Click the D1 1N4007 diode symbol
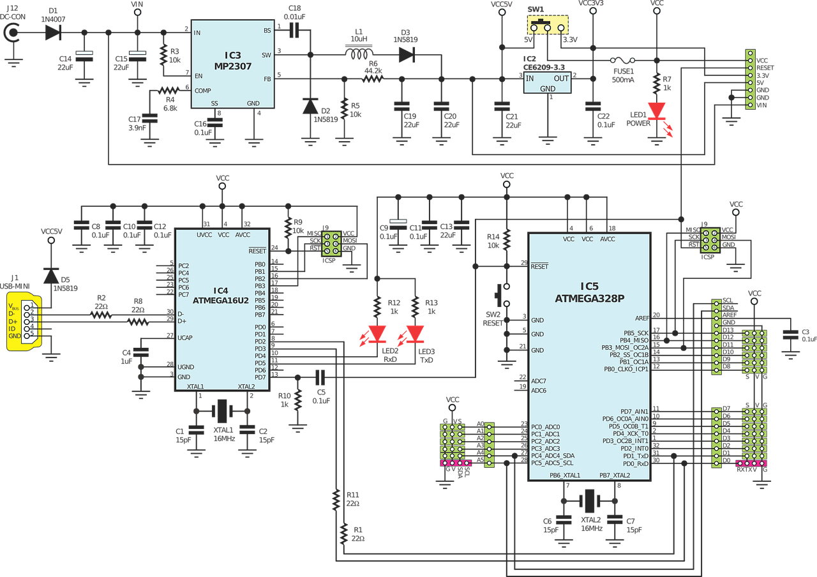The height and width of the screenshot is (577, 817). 53,33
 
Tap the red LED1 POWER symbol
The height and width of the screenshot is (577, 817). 657,111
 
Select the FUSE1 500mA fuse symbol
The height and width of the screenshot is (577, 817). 622,60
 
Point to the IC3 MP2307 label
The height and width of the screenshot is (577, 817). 233,61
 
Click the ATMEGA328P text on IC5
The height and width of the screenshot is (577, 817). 589,298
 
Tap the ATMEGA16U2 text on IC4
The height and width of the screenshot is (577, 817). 221,301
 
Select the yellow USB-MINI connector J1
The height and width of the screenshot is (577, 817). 24,321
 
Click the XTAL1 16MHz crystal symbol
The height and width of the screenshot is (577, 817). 221,411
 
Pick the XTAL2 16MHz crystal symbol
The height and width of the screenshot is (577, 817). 589,501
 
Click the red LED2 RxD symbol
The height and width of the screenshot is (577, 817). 377,334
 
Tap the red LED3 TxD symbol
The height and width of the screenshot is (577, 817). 415,334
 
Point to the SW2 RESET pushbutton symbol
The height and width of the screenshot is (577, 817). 502,295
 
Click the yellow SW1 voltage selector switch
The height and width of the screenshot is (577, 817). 548,25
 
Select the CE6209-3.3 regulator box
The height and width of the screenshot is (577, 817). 547,83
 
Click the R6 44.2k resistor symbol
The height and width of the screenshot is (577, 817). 373,79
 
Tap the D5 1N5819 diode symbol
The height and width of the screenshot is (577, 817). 51,276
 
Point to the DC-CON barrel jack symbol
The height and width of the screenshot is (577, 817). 12,33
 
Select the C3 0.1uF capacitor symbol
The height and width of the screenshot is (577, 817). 790,335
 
